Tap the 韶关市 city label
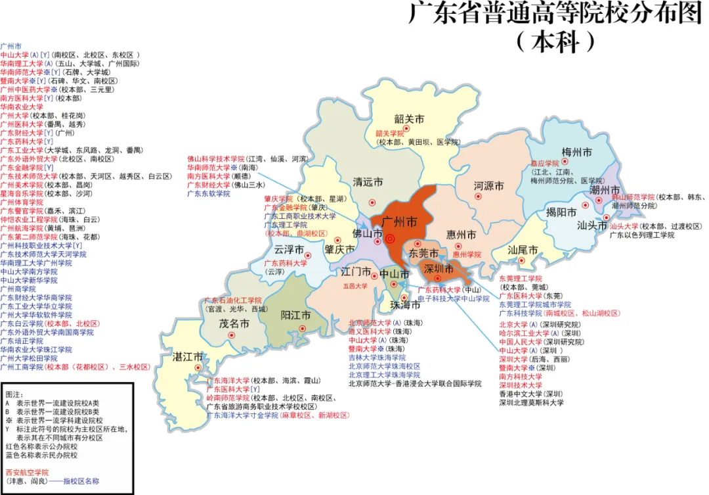pos(409,119)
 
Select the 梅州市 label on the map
pos(578,152)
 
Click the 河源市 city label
pos(489,186)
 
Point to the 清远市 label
pos(368,182)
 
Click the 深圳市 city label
pos(439,269)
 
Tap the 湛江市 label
pos(188,356)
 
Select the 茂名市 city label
pos(234,323)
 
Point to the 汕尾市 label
pos(523,250)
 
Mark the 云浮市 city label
pos(289,250)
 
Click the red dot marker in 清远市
pos(372,202)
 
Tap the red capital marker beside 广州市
pos(390,239)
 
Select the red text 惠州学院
pos(467,254)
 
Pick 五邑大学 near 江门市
pos(355,286)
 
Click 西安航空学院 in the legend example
pos(27,472)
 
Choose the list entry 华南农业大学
pos(22,106)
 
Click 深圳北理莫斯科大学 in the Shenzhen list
pos(531,402)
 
